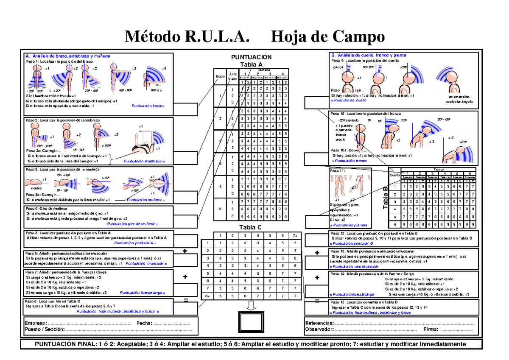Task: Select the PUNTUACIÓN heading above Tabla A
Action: click(251, 57)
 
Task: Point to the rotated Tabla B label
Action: click(386, 198)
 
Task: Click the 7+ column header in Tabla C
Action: click(295, 236)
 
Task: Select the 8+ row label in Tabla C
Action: click(207, 296)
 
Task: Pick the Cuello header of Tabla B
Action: click(394, 175)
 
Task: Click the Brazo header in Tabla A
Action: click(220, 77)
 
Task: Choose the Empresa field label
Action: click(35, 323)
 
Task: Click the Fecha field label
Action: click(144, 323)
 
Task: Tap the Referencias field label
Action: click(319, 323)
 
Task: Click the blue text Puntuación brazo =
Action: click(148, 106)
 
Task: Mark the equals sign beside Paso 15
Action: click(317, 301)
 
